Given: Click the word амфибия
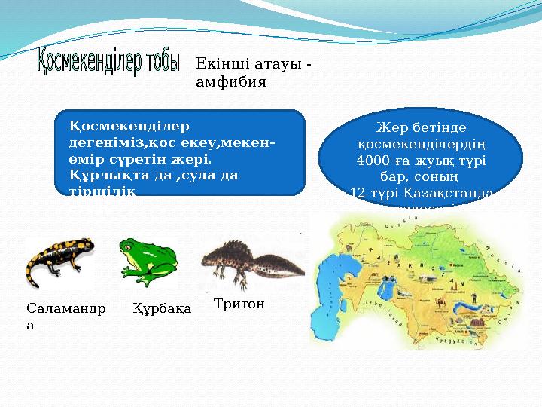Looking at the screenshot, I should (x=230, y=81).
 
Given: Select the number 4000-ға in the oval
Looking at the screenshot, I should (x=379, y=161).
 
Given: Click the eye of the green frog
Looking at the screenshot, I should (x=130, y=246).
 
